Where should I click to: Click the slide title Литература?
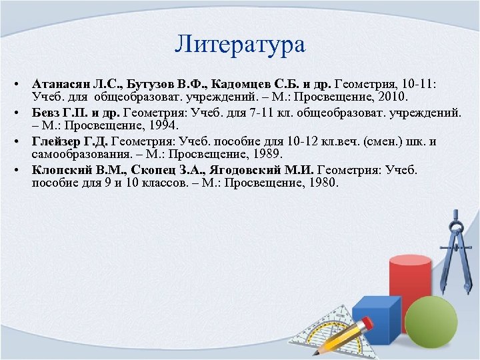point(240,44)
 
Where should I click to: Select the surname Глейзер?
point(56,141)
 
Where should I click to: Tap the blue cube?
point(375,323)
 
